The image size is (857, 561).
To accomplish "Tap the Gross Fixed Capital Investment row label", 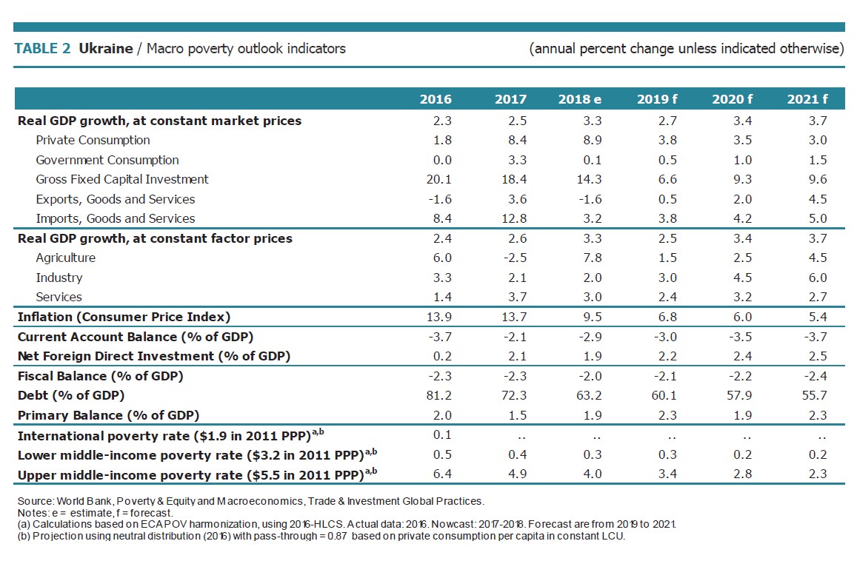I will click(x=122, y=179).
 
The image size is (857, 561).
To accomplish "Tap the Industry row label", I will click(x=59, y=278).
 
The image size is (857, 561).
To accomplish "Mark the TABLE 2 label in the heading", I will click(x=43, y=49).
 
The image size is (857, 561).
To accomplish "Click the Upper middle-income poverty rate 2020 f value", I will click(x=741, y=474).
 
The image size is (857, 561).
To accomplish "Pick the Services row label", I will click(x=59, y=297).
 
